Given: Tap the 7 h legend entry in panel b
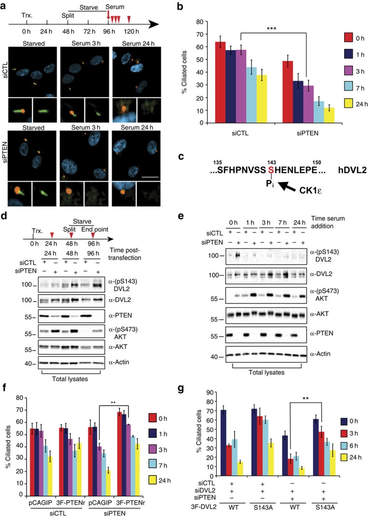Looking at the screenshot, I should (343, 85).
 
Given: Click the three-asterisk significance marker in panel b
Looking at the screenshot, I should (271, 28).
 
